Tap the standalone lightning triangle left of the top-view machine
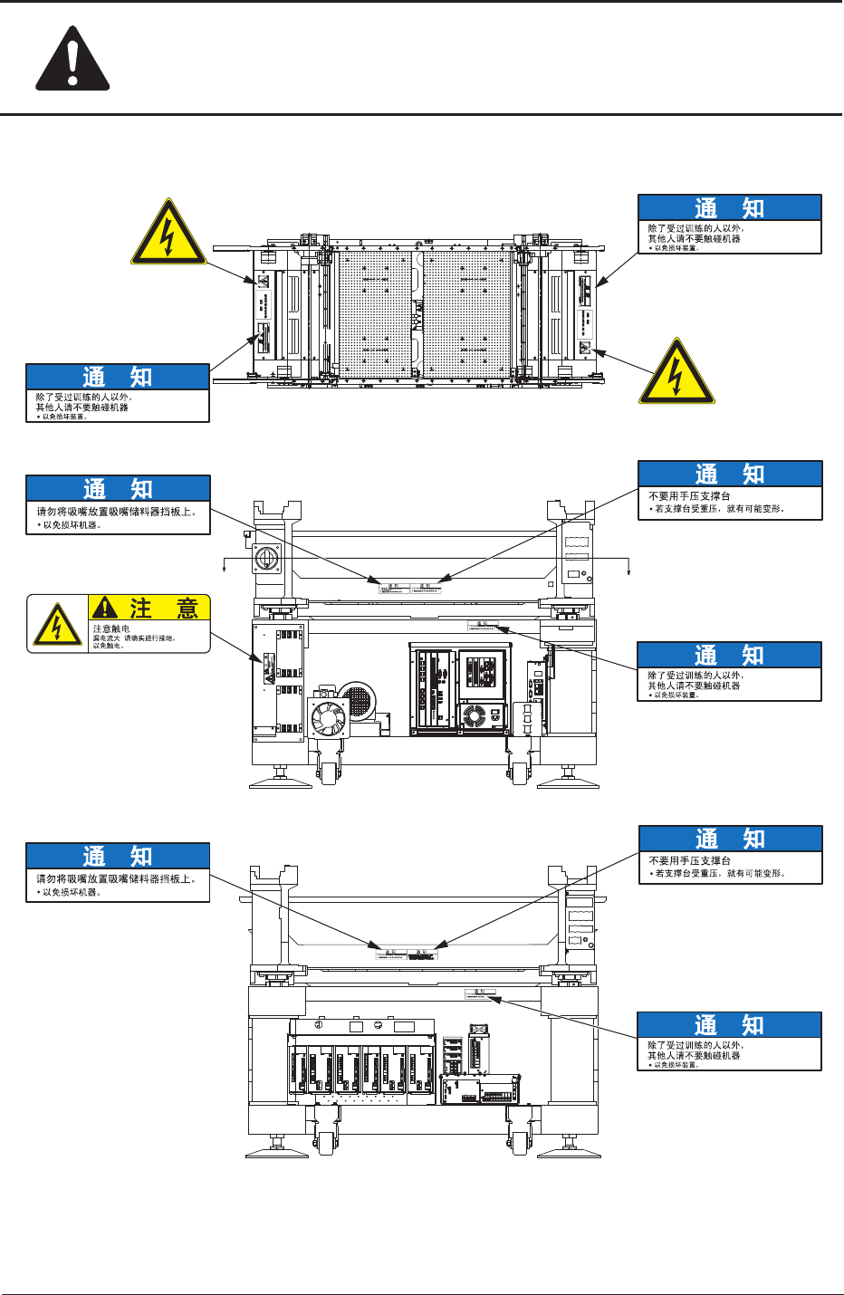coord(168,234)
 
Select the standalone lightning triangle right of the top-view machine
coord(676,372)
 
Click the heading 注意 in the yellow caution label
coord(163,608)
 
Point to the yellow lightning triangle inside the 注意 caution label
coord(57,625)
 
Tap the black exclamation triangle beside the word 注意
coord(106,607)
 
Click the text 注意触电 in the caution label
coord(111,628)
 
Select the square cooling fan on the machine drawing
coord(328,718)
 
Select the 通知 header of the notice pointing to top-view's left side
coord(118,377)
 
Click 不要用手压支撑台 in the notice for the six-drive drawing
coord(690,860)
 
